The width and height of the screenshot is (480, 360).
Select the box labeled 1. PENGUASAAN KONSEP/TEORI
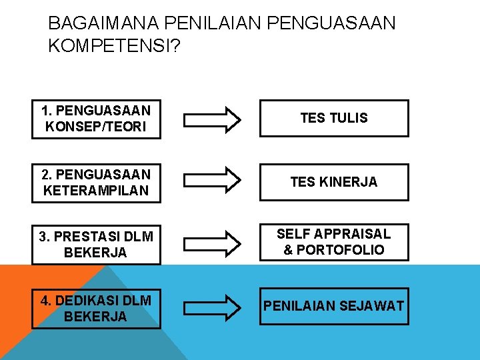96,119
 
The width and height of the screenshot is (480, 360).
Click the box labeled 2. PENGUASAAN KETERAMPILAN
96,183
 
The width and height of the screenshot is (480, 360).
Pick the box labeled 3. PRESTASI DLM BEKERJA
96,245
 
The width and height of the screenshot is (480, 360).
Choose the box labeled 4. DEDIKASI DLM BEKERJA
96,308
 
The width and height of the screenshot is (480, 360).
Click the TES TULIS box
334,119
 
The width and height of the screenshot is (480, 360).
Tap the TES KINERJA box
334,182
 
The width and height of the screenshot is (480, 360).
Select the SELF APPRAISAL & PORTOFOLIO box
334,242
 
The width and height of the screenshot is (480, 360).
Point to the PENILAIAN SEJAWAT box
334,305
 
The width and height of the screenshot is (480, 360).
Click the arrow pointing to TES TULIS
213,119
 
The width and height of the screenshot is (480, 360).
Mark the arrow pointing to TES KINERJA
213,180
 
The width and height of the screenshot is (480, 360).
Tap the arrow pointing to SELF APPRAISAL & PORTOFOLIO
213,243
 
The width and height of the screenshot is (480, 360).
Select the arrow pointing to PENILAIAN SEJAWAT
213,306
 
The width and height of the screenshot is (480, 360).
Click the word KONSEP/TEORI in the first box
96,127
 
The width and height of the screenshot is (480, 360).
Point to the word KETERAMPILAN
96,191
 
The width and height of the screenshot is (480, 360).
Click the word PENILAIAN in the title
212,24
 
